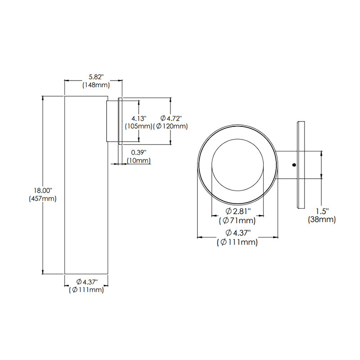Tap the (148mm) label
[94, 85]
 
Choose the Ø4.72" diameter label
[170, 118]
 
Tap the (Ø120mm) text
[170, 126]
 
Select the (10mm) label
[139, 161]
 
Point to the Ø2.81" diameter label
[238, 211]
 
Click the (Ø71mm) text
[237, 220]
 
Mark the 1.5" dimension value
[322, 211]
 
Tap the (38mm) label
[322, 220]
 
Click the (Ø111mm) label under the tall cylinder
[86, 290]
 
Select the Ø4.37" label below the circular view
[237, 233]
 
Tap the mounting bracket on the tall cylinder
[112, 121]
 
